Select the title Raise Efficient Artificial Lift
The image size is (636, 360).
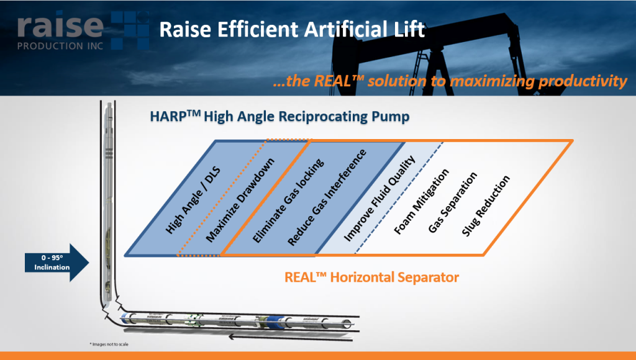point(292,29)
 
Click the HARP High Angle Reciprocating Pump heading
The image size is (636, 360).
point(279,117)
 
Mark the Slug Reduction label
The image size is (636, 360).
point(486,205)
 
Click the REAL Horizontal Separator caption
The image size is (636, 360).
point(371,277)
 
